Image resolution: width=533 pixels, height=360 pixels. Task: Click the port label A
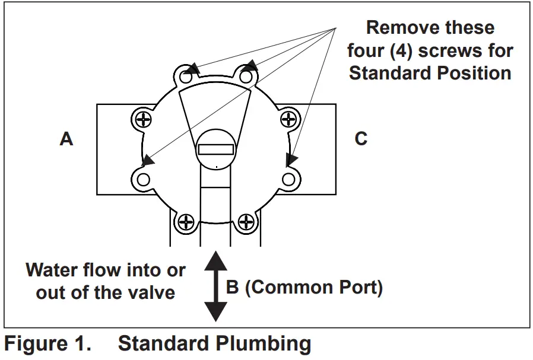point(66,139)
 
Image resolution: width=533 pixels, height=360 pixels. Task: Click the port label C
point(361,139)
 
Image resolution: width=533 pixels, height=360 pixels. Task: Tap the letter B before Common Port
point(233,288)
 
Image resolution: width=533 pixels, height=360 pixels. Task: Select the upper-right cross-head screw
point(288,119)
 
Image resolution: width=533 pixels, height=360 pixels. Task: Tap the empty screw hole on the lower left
point(143,179)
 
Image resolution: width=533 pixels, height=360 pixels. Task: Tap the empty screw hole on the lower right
point(288,179)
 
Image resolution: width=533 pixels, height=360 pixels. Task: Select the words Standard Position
point(430,73)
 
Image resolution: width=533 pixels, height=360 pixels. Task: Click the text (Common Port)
point(314,288)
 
